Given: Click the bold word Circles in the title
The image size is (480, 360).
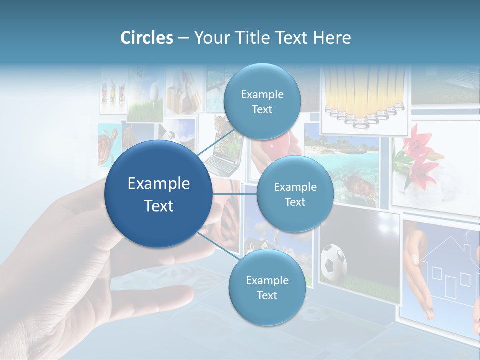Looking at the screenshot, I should tap(146, 38).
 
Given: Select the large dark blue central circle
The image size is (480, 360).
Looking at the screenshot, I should tap(158, 194).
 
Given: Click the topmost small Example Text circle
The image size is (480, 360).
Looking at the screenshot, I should tap(262, 101).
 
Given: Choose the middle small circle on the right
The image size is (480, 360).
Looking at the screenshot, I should tap(295, 194).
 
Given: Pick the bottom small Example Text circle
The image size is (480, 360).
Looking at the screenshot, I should tap(267, 287).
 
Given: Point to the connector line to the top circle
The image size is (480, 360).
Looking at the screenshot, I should tap(217, 145).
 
